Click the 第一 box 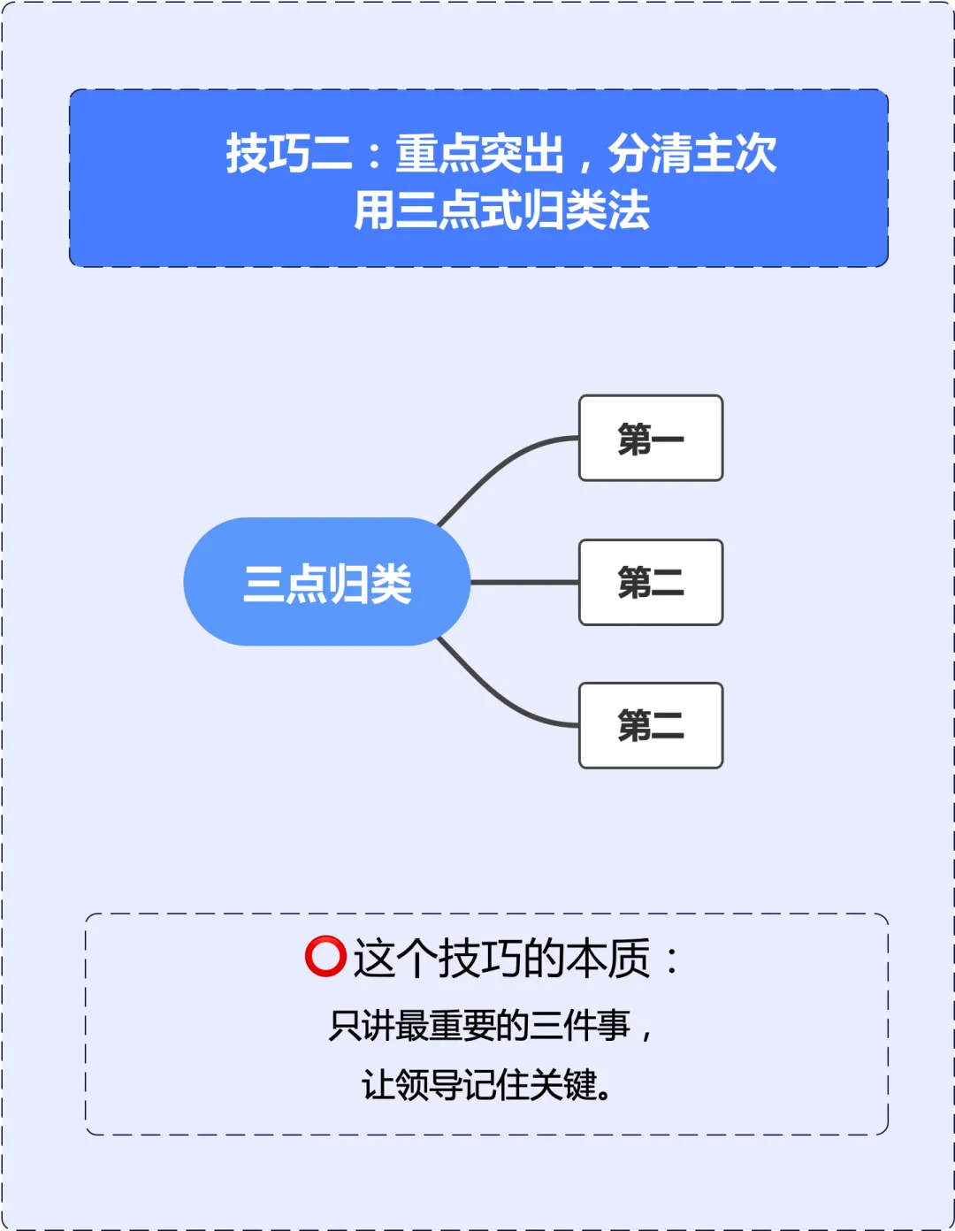(x=651, y=439)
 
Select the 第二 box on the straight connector (x=651, y=583)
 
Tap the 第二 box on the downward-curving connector (x=651, y=725)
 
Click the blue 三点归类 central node (x=326, y=582)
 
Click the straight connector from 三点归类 (x=524, y=583)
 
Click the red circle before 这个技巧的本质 (x=325, y=957)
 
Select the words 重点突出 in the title (x=479, y=154)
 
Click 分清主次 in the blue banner (x=692, y=154)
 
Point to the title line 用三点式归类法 (x=501, y=210)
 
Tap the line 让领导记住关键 (x=487, y=1085)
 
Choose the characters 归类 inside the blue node (x=370, y=584)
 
